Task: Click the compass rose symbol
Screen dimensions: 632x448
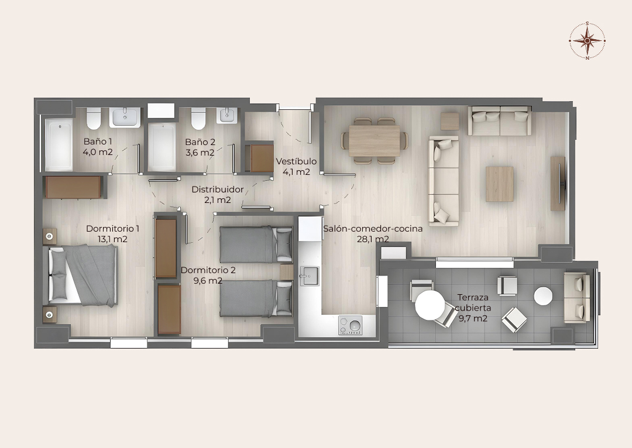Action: [x=588, y=40]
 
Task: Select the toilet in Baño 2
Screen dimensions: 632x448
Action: [x=198, y=118]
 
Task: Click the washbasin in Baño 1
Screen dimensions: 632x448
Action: [x=125, y=117]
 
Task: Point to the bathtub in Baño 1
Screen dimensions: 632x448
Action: [x=59, y=144]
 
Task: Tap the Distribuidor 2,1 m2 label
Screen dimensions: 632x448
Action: [x=218, y=194]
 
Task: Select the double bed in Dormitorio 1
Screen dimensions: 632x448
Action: [x=83, y=275]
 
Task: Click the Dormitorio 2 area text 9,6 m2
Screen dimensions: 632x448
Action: [x=208, y=280]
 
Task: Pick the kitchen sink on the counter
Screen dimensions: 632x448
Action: [x=309, y=276]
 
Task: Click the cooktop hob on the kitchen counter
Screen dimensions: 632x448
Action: [x=351, y=325]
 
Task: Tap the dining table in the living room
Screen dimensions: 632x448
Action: [x=375, y=140]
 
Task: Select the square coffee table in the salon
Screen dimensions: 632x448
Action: [x=499, y=184]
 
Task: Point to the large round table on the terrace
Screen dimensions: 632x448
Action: [x=430, y=305]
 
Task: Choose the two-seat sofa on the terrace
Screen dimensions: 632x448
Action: [x=577, y=297]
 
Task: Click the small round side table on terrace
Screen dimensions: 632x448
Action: [x=543, y=296]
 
